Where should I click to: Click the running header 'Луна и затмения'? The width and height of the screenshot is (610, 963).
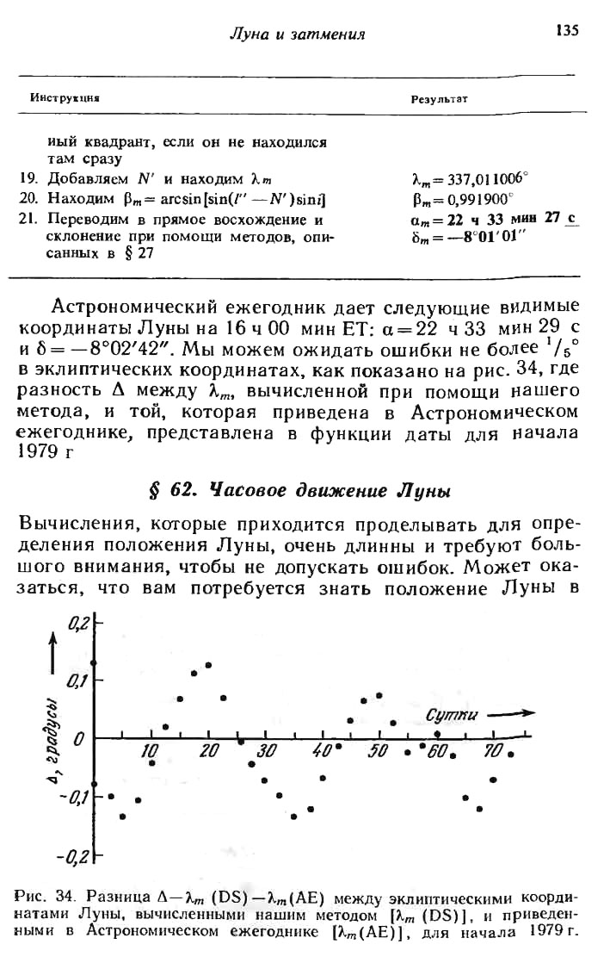297,34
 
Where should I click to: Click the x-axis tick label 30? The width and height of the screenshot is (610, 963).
265,752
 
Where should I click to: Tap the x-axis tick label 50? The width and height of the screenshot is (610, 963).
379,752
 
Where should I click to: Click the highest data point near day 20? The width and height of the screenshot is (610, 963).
208,665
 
